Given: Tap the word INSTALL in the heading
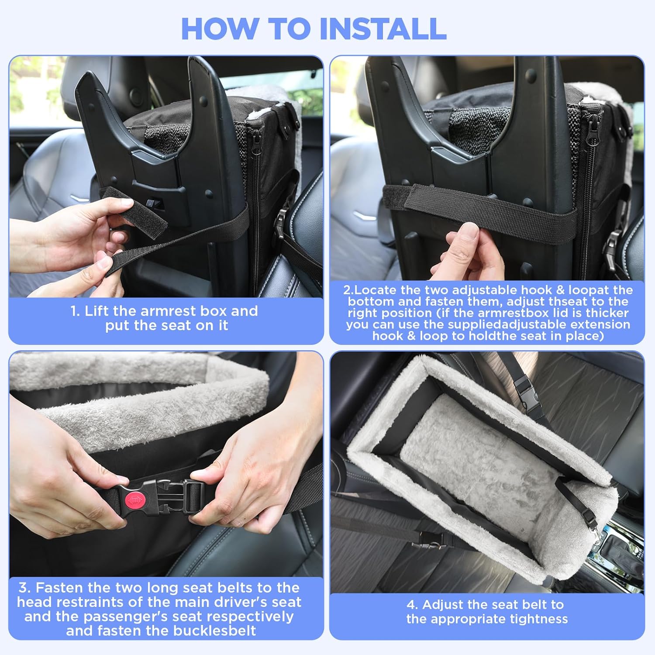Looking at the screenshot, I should pyautogui.click(x=383, y=29).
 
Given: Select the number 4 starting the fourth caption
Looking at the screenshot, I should pyautogui.click(x=411, y=604).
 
